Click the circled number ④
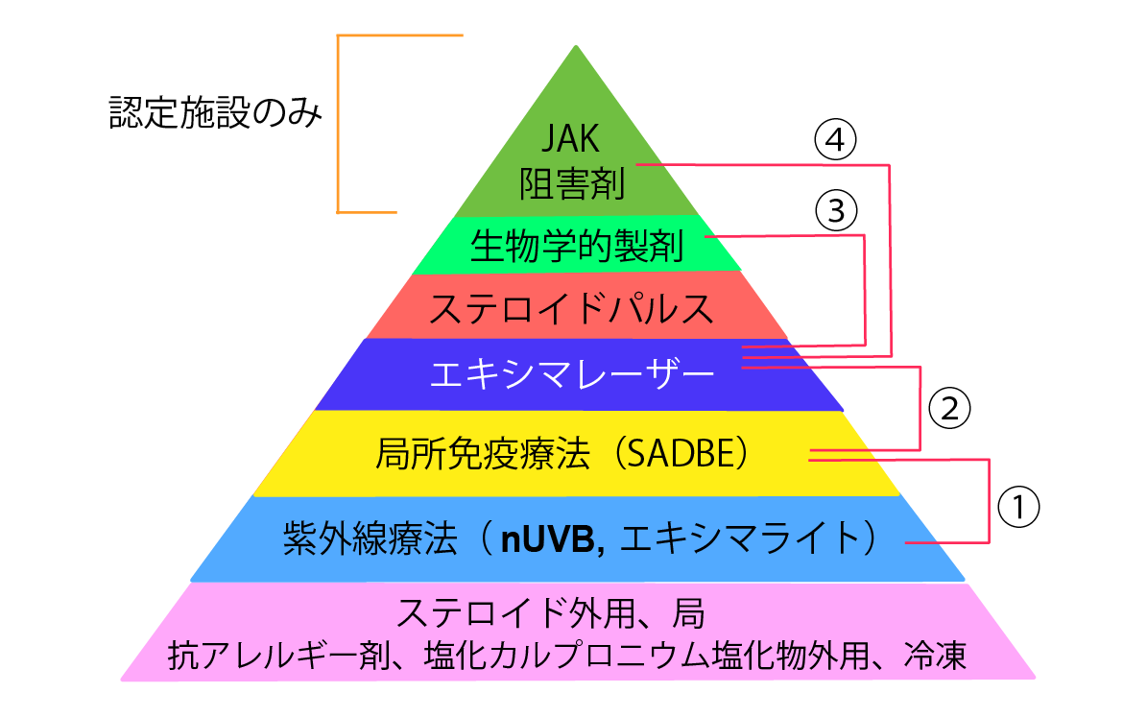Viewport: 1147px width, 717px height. tap(835, 141)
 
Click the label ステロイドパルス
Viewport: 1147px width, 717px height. tap(572, 309)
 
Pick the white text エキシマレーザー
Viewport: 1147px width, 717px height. tap(573, 373)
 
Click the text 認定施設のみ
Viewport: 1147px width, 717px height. tap(214, 113)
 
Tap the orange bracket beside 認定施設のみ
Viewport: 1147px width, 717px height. tap(339, 123)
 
